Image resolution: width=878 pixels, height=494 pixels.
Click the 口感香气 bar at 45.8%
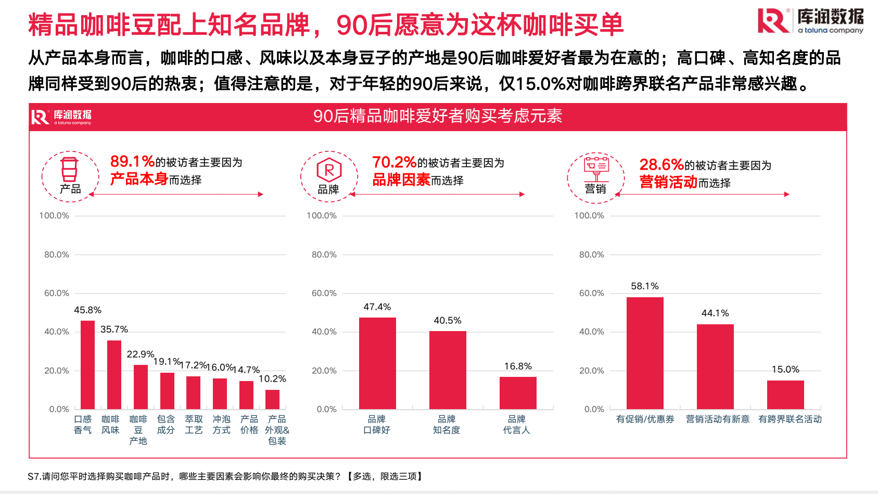[x=88, y=364]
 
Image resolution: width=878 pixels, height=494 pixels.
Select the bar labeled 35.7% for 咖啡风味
[x=114, y=374]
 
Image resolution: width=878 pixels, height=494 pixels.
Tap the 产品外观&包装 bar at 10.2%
[x=272, y=399]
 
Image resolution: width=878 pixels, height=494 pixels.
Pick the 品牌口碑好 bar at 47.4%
[x=377, y=363]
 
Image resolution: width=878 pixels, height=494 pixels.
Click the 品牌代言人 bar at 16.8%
[x=518, y=392]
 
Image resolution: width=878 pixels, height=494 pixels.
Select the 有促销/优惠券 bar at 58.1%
[x=645, y=353]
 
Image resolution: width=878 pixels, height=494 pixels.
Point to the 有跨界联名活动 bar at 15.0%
[x=785, y=395]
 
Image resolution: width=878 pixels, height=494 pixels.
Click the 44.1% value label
[x=715, y=313]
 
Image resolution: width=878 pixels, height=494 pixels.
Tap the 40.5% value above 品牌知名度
[x=448, y=321]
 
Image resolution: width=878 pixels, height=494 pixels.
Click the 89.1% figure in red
[x=132, y=161]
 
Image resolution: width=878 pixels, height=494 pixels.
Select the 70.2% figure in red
[x=394, y=162]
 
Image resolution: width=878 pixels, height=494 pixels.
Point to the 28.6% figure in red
[x=661, y=165]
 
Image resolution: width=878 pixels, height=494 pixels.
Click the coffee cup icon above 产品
[x=69, y=170]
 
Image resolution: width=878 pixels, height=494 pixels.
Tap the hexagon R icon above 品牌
[x=329, y=170]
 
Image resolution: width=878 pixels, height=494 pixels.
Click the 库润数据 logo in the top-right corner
[x=811, y=21]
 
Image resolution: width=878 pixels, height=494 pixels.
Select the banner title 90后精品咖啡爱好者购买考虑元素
[x=438, y=116]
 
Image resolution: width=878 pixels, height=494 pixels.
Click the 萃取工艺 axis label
[x=194, y=425]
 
